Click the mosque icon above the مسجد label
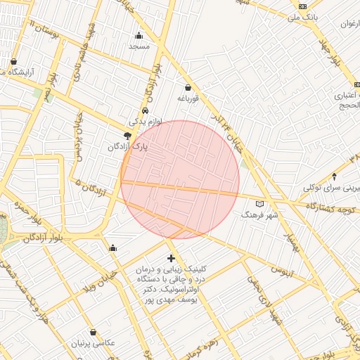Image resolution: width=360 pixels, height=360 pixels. click(139, 36)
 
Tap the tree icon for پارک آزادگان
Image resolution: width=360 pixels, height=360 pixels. click(127, 136)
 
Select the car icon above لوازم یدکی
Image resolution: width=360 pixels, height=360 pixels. click(144, 111)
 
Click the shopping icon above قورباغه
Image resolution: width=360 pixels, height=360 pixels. click(188, 88)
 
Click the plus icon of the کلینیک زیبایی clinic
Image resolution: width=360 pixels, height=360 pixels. click(172, 259)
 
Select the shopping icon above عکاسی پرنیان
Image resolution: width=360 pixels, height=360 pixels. click(94, 333)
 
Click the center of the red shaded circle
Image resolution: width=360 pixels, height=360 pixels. click(180, 180)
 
